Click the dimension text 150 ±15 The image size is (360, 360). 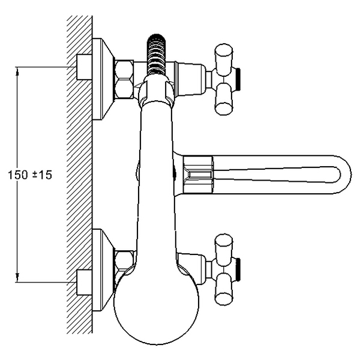pos(30,175)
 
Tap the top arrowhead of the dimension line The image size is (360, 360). pos(17,71)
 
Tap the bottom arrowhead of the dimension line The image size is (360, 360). pos(17,278)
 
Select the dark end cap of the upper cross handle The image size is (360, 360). pos(238,79)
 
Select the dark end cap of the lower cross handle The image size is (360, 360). pos(238,269)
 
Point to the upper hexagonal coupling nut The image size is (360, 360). pos(124,79)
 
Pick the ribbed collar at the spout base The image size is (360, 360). pos(198,175)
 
